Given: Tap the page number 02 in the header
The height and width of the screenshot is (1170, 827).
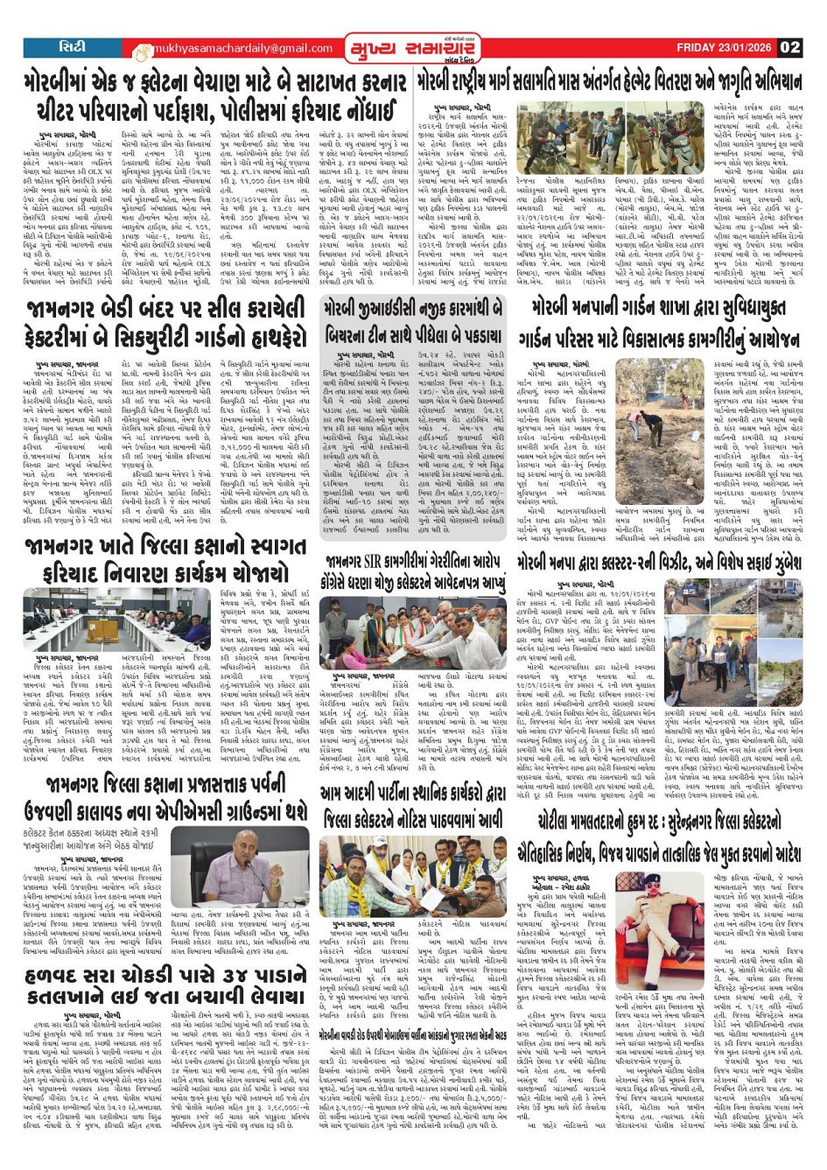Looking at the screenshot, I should click(789, 47).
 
